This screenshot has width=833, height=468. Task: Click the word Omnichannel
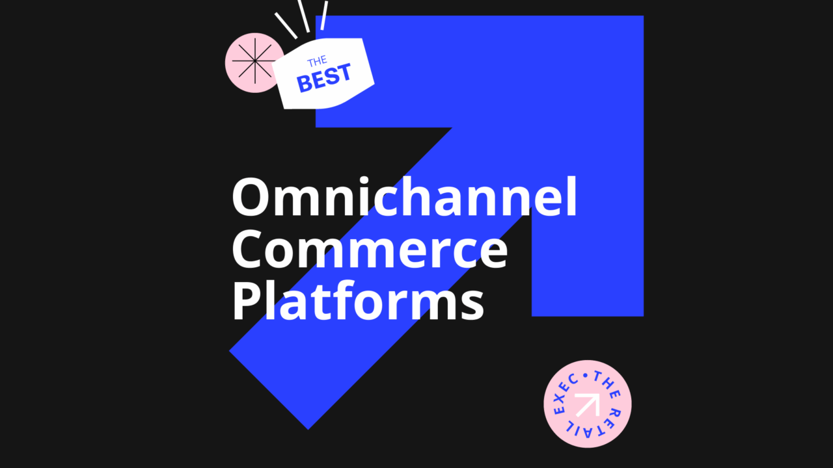coord(404,198)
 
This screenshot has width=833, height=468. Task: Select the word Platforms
coord(358,302)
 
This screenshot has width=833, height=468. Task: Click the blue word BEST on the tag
coord(324,77)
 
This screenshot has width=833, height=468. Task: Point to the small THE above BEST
coord(317,61)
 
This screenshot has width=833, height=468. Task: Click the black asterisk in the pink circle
coord(253,62)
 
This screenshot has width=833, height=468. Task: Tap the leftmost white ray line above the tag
coord(286,25)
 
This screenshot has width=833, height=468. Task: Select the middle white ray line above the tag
coord(303,15)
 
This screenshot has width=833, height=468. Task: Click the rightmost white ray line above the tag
coord(323,15)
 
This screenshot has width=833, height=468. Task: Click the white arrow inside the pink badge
coord(588,404)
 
